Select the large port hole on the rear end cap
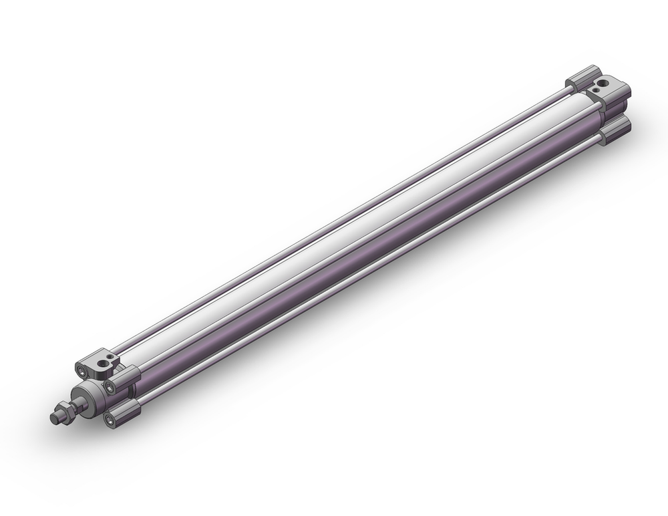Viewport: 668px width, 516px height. [x=605, y=84]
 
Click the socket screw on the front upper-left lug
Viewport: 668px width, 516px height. [x=81, y=368]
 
